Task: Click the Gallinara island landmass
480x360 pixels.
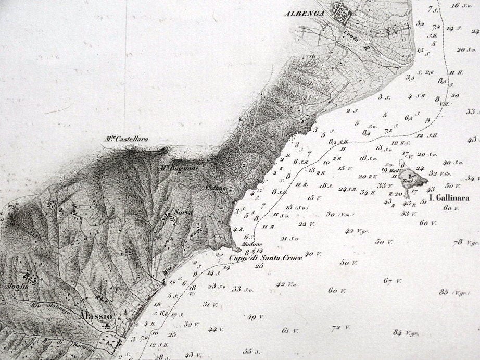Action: click(x=411, y=179)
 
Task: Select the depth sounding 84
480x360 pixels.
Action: click(x=398, y=332)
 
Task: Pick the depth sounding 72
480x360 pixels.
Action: click(x=336, y=328)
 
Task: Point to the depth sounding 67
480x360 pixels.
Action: click(x=387, y=281)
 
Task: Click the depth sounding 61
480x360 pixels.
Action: click(x=285, y=330)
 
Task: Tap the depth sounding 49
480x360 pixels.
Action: click(x=251, y=317)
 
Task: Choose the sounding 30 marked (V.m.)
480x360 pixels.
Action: click(x=330, y=214)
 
